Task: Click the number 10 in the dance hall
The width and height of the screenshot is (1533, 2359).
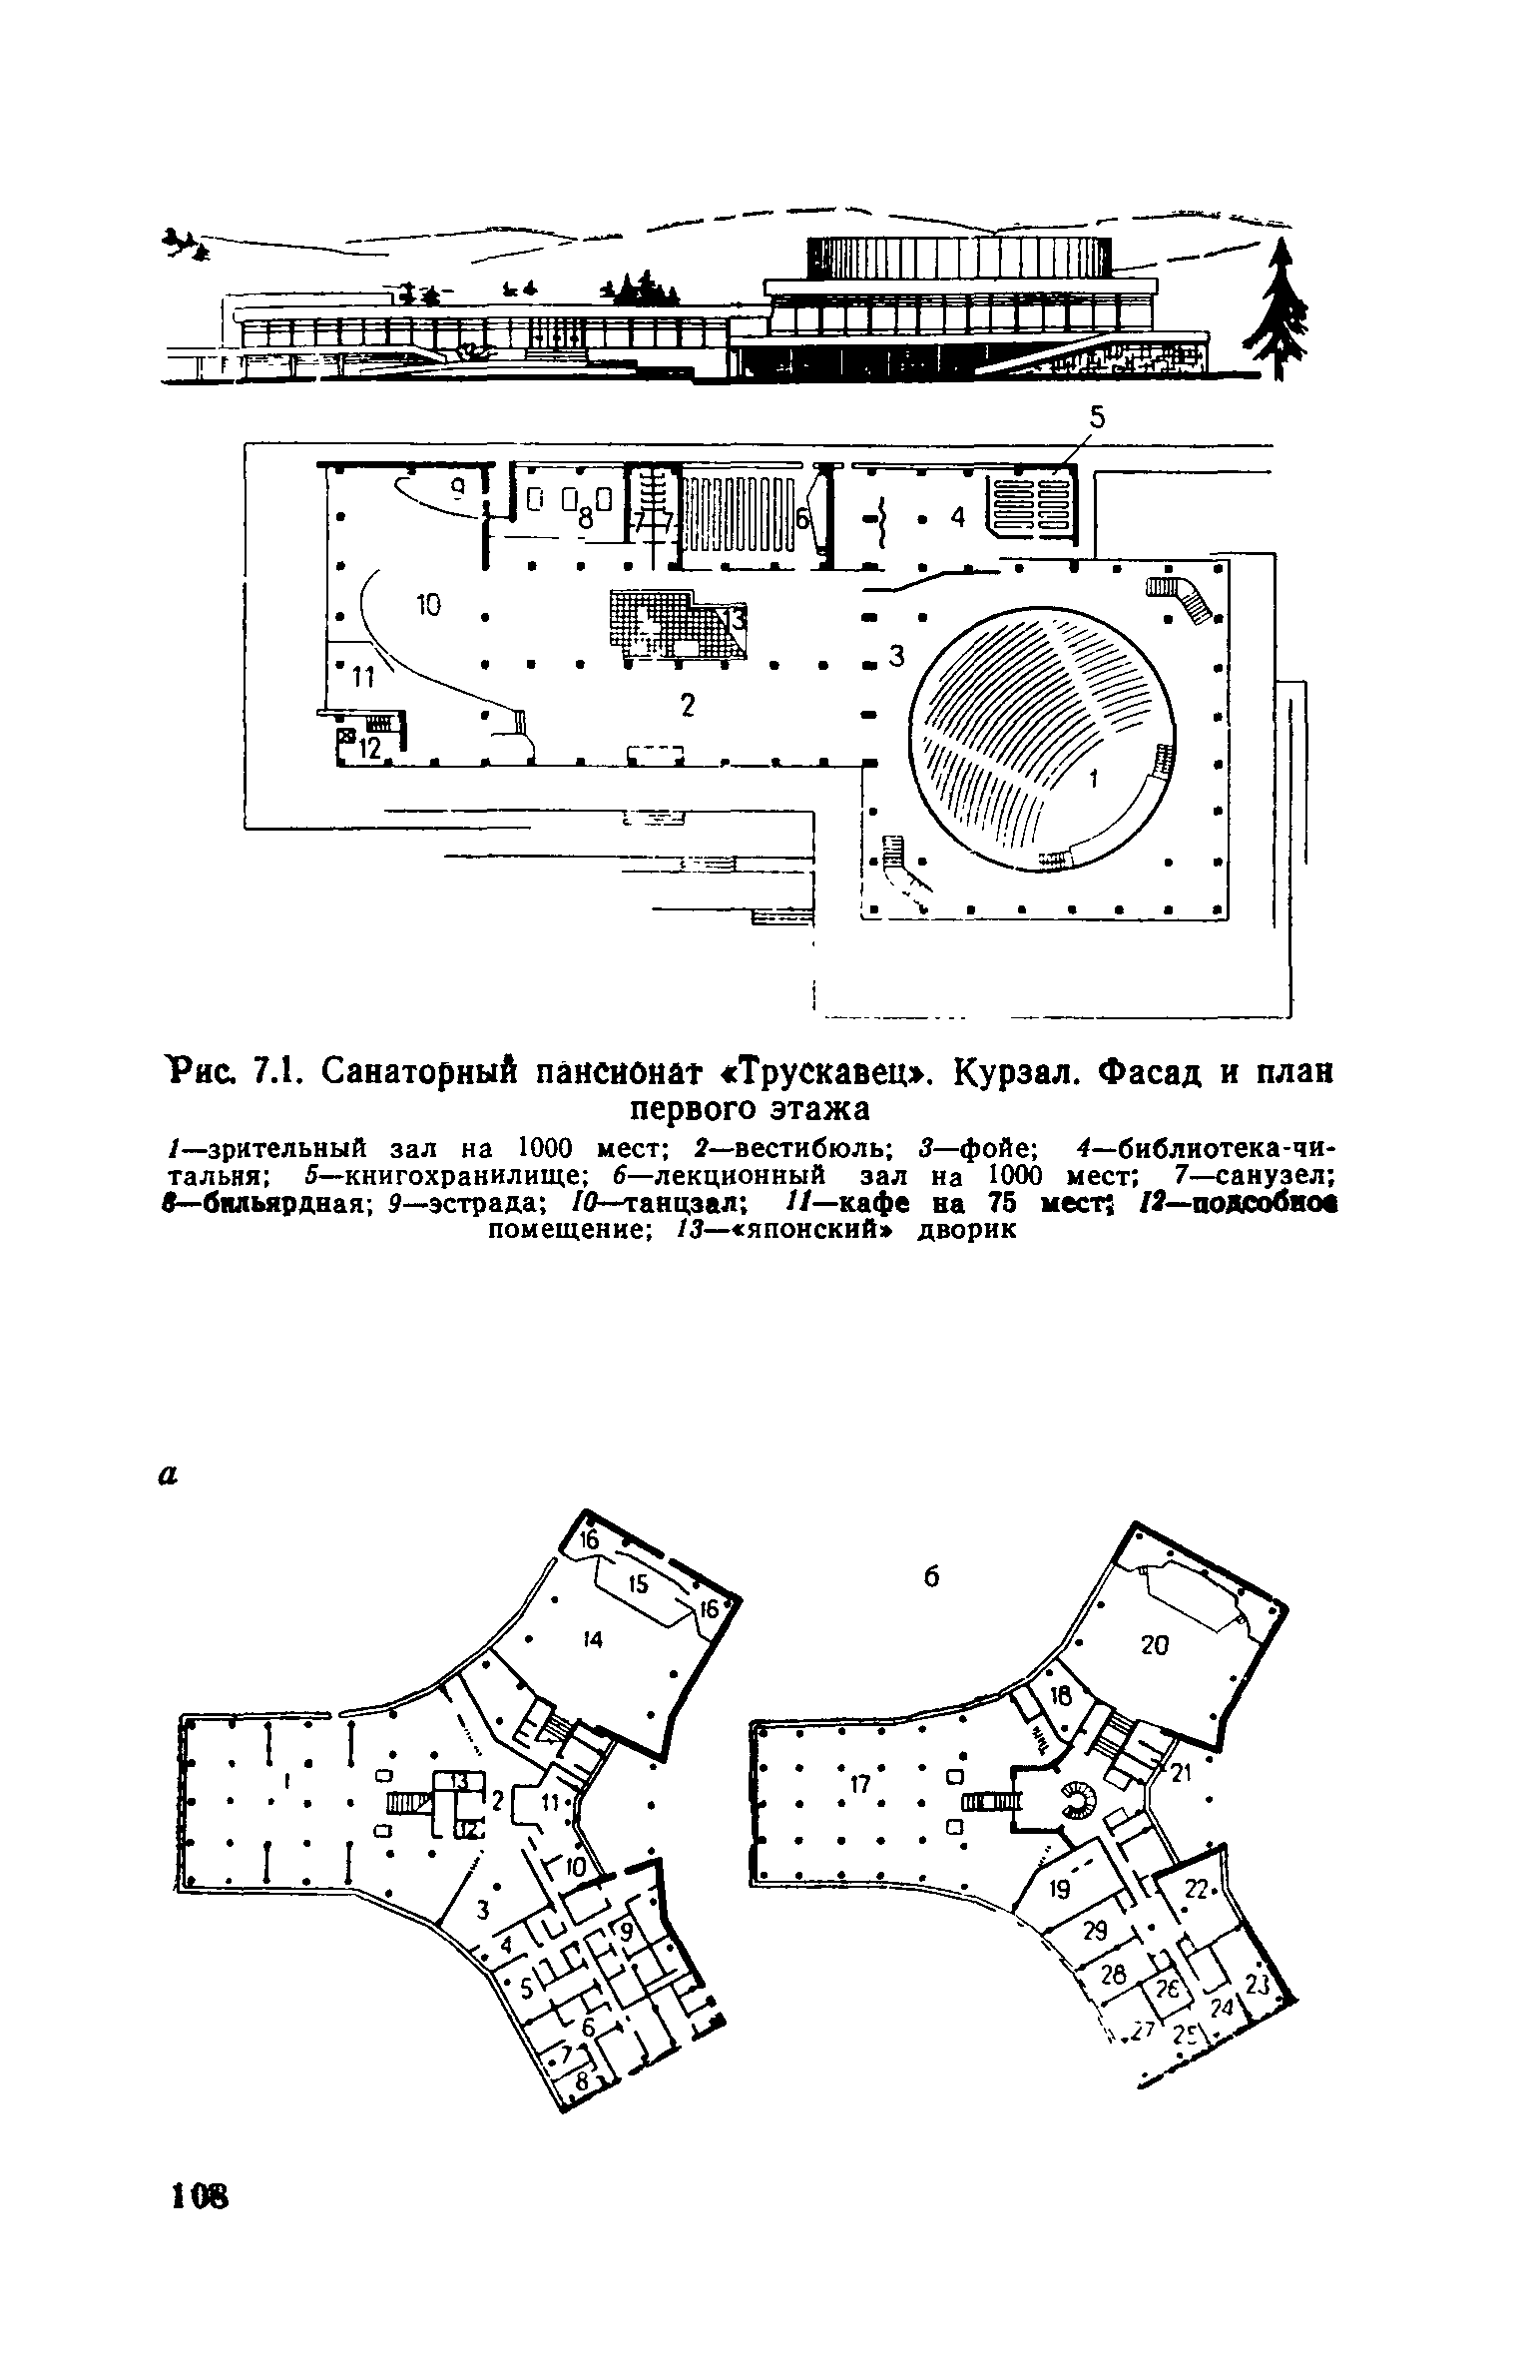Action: pos(427,604)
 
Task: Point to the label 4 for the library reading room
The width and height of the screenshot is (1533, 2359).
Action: pos(957,517)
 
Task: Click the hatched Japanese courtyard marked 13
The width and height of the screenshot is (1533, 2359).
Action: pos(679,624)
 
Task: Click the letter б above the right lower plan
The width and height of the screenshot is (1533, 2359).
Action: pos(932,1576)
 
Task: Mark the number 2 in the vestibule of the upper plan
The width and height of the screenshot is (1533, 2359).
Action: pos(687,705)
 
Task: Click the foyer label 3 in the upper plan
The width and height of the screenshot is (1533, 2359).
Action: pos(895,656)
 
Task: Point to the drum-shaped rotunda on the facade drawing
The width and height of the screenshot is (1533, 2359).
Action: pos(957,258)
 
